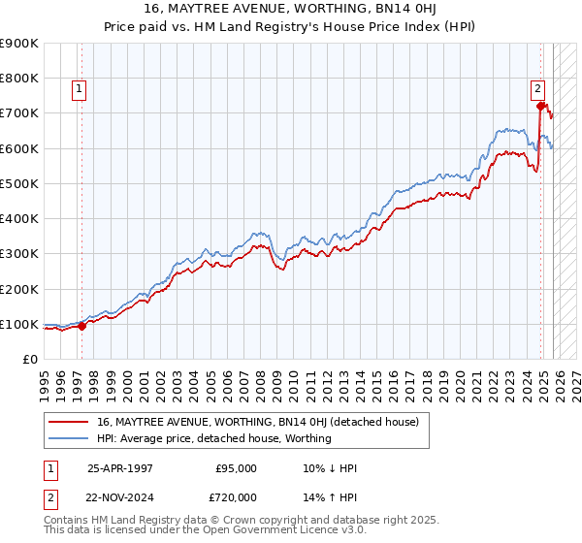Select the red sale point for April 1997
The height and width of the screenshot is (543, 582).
click(x=81, y=326)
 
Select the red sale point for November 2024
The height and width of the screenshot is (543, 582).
click(x=540, y=106)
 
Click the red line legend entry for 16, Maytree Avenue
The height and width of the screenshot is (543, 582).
click(x=257, y=422)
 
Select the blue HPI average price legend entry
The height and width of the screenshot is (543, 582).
click(x=213, y=438)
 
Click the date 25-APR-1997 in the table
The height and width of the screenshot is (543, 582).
click(x=120, y=467)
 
